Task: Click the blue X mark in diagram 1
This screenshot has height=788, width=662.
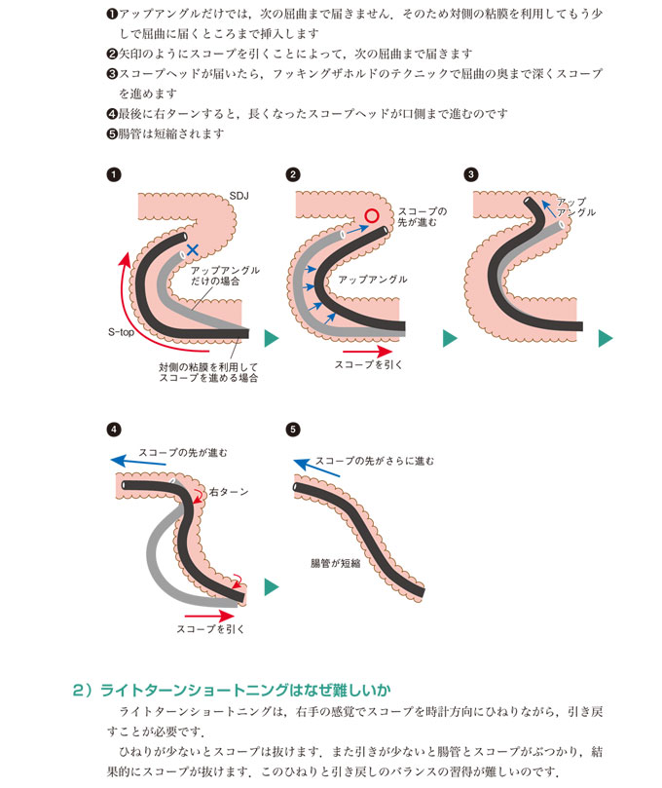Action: (x=193, y=250)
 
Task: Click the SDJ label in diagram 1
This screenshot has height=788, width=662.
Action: (x=239, y=196)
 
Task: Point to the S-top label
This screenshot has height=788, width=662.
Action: (x=121, y=332)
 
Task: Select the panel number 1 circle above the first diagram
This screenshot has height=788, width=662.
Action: (x=114, y=175)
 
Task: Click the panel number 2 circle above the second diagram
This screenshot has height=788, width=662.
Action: (x=293, y=175)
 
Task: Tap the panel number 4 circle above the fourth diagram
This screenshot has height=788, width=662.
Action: (x=114, y=429)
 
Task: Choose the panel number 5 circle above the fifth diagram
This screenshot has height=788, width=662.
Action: (x=293, y=429)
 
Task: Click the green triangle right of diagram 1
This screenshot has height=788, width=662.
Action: (x=272, y=337)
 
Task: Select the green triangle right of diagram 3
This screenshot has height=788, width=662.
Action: (x=605, y=337)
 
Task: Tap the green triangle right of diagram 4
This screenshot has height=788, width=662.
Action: (x=272, y=586)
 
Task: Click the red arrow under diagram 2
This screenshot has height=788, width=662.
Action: (x=369, y=350)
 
